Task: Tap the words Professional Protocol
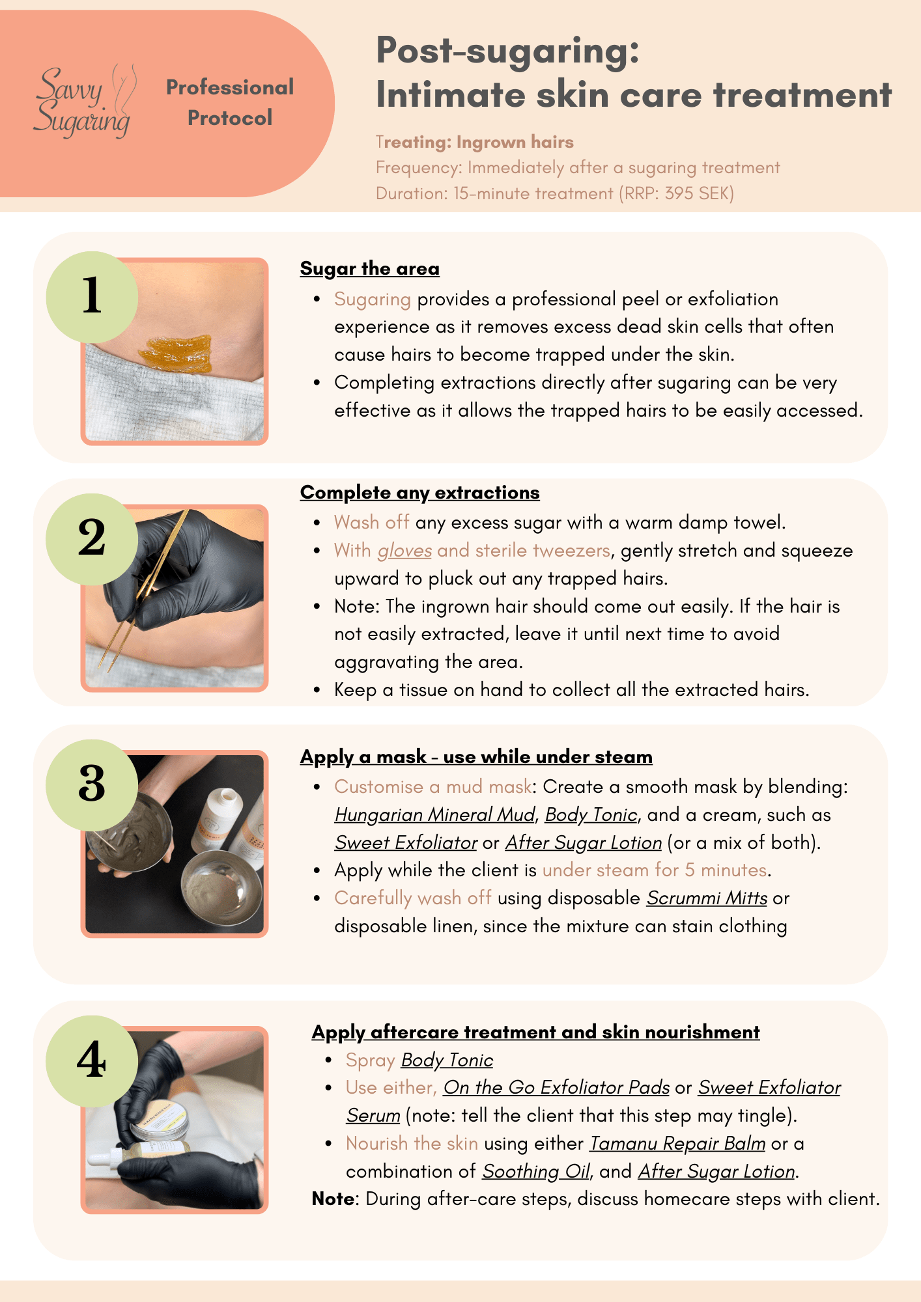click(x=230, y=103)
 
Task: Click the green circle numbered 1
click(x=92, y=297)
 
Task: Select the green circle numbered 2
click(x=92, y=539)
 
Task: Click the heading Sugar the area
click(x=369, y=269)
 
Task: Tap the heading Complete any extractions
click(x=419, y=493)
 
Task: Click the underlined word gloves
click(x=404, y=551)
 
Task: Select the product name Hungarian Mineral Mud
click(x=434, y=815)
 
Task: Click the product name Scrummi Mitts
click(x=707, y=898)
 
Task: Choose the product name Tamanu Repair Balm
click(x=677, y=1144)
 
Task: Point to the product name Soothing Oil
click(x=535, y=1172)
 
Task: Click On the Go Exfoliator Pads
click(x=556, y=1088)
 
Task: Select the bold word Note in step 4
click(x=333, y=1199)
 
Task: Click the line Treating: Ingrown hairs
click(x=474, y=143)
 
